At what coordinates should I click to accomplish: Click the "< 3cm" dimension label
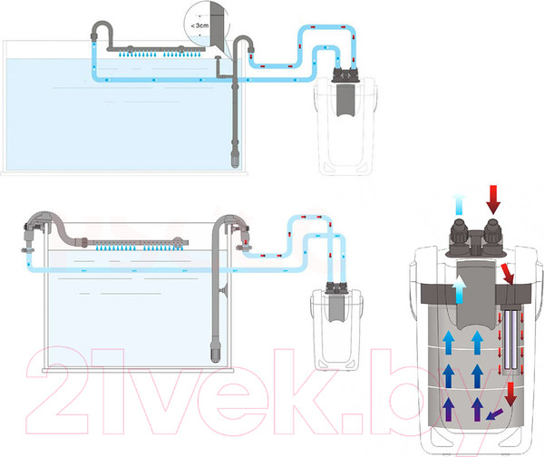(x=199, y=25)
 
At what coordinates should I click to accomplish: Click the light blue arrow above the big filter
(x=459, y=205)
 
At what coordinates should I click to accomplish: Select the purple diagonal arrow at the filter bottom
(x=494, y=414)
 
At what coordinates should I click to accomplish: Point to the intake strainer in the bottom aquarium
(x=216, y=352)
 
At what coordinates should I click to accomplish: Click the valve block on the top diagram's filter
(x=345, y=75)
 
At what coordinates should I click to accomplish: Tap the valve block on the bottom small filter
(x=336, y=288)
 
